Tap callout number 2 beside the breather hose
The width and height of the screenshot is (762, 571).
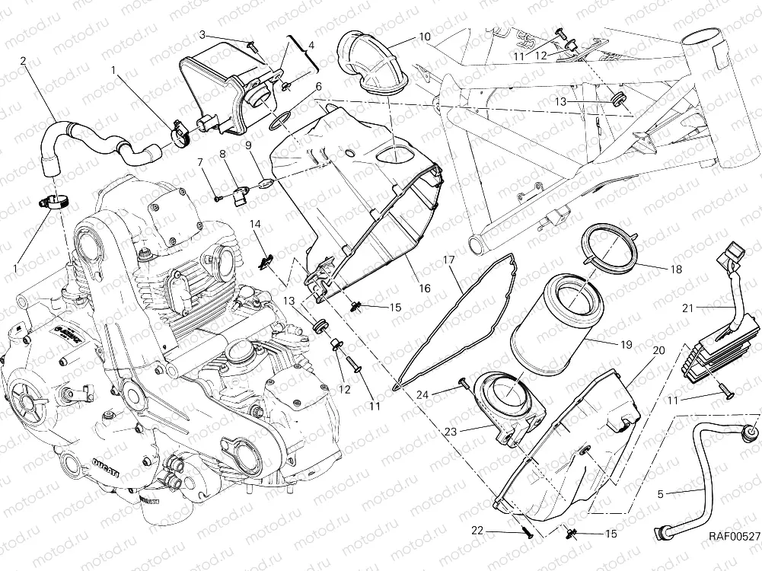click(x=24, y=60)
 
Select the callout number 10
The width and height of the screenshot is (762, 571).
click(x=423, y=36)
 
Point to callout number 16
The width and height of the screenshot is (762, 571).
click(x=423, y=289)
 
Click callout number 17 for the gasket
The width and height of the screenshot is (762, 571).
click(x=449, y=260)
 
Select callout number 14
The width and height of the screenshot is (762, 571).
click(x=256, y=224)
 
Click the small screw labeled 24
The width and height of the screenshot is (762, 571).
click(x=462, y=382)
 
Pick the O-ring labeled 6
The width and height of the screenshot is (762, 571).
click(x=280, y=118)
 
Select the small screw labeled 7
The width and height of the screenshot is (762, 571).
click(x=218, y=198)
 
